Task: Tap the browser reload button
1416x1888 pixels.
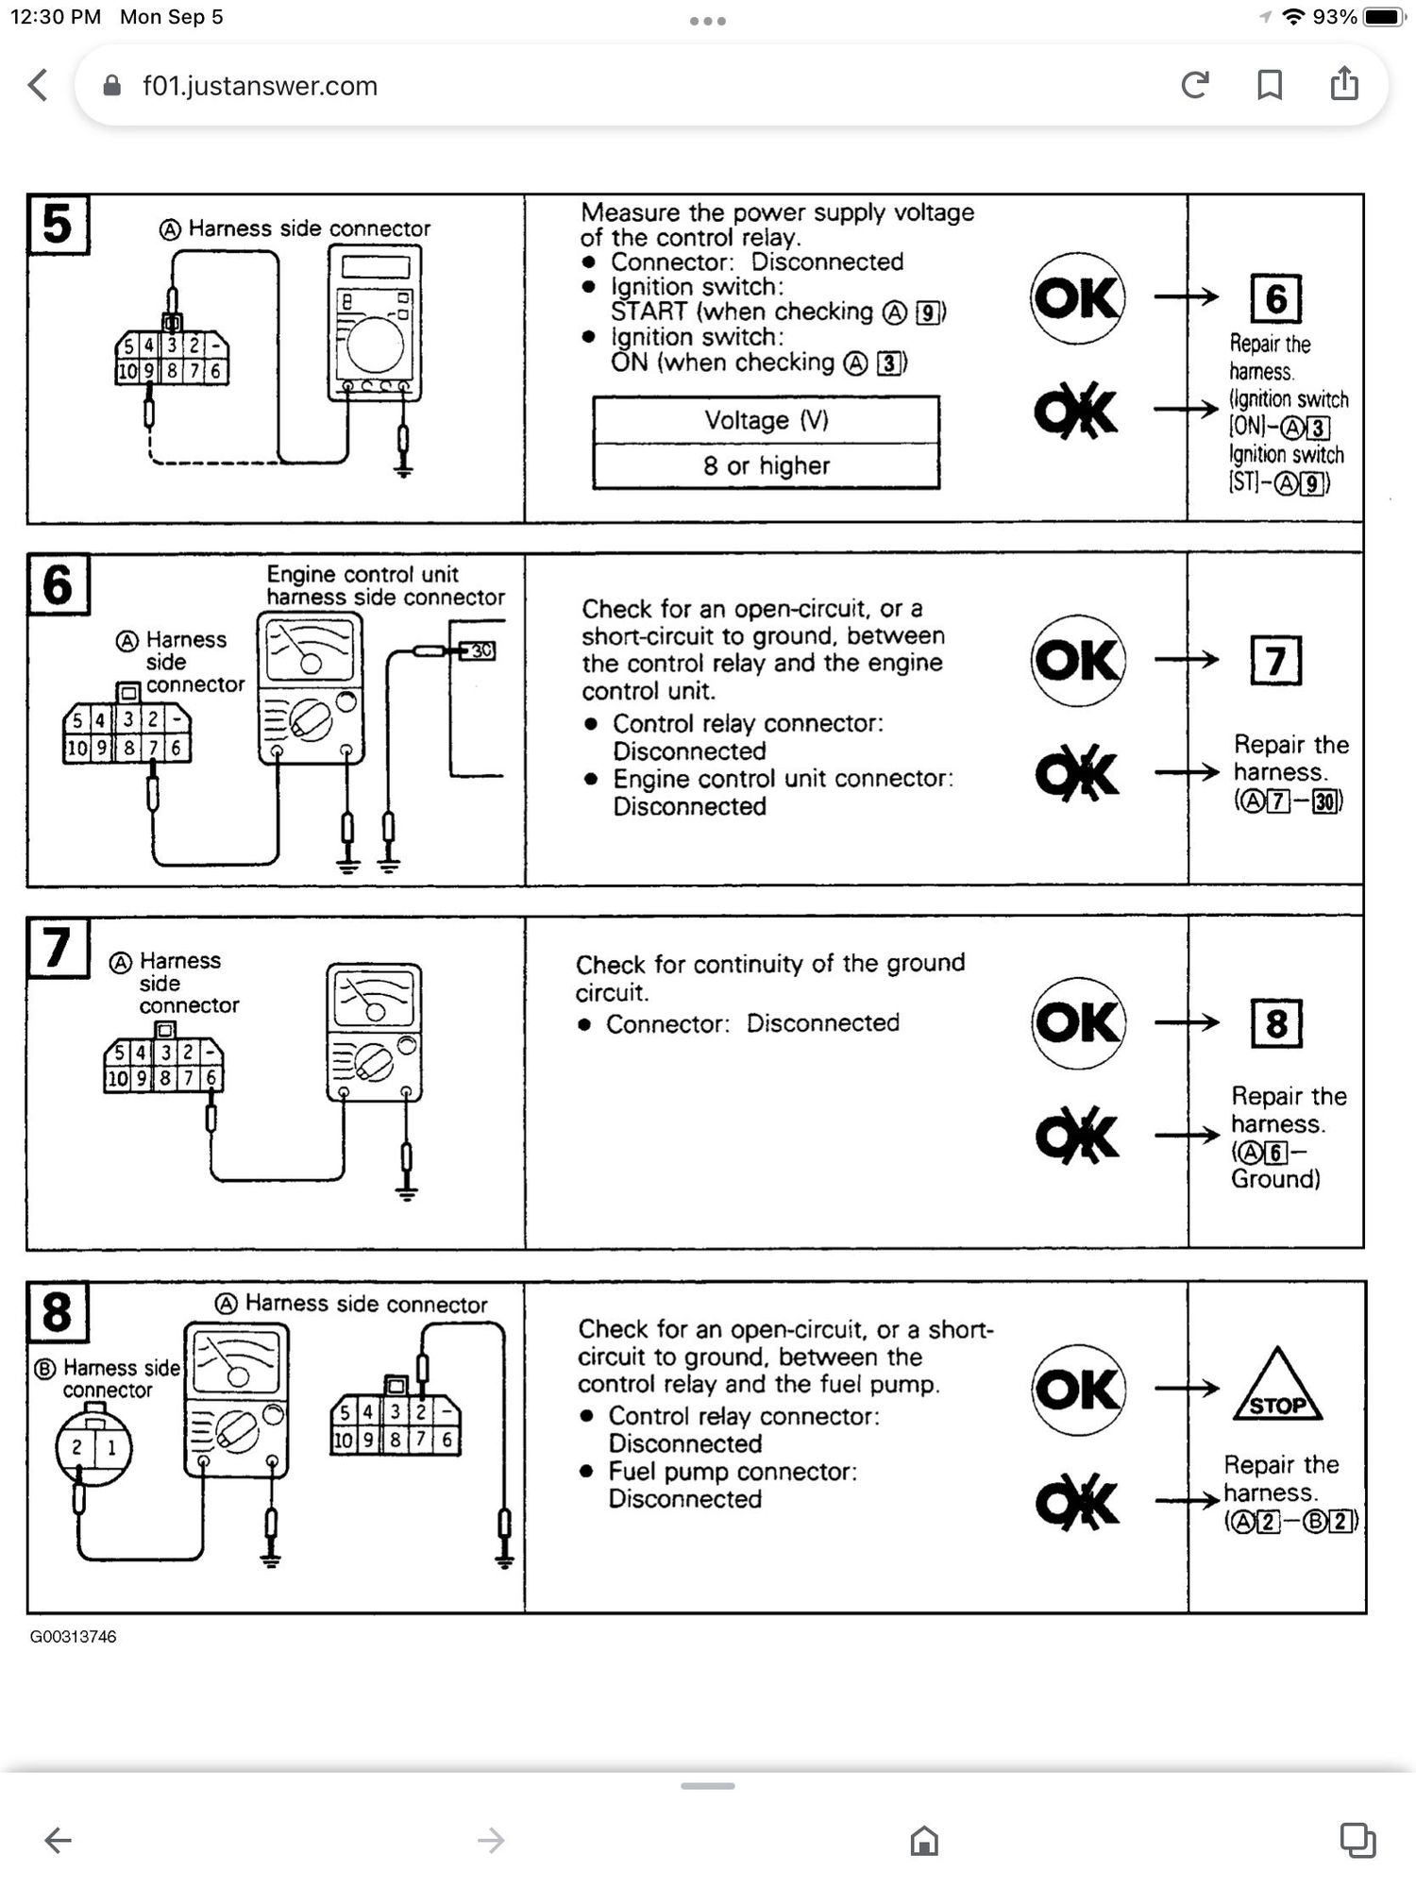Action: (x=1195, y=86)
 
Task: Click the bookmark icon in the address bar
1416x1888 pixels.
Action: (x=1270, y=86)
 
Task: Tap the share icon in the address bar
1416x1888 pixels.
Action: (x=1344, y=84)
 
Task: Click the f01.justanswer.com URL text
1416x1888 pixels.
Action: (x=260, y=86)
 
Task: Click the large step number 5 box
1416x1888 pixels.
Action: (x=58, y=225)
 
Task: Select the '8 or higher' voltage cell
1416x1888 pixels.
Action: (x=766, y=465)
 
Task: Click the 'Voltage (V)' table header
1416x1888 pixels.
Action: (x=766, y=420)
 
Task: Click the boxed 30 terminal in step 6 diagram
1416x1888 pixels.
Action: (x=480, y=650)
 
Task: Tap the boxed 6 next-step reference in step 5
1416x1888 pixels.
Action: (x=1275, y=298)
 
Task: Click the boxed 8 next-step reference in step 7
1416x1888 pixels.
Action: (x=1276, y=1023)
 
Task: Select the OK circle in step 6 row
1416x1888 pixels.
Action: (x=1078, y=660)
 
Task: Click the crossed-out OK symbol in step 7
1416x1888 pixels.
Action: (x=1077, y=1135)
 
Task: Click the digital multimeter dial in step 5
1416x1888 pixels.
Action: (x=375, y=343)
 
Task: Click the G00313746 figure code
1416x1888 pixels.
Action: (x=73, y=1636)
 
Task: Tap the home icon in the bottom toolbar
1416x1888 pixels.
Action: (x=924, y=1840)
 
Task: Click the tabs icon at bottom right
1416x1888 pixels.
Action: (x=1357, y=1839)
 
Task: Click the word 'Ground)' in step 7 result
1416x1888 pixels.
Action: (x=1275, y=1178)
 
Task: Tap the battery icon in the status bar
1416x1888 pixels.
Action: (x=1385, y=17)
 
